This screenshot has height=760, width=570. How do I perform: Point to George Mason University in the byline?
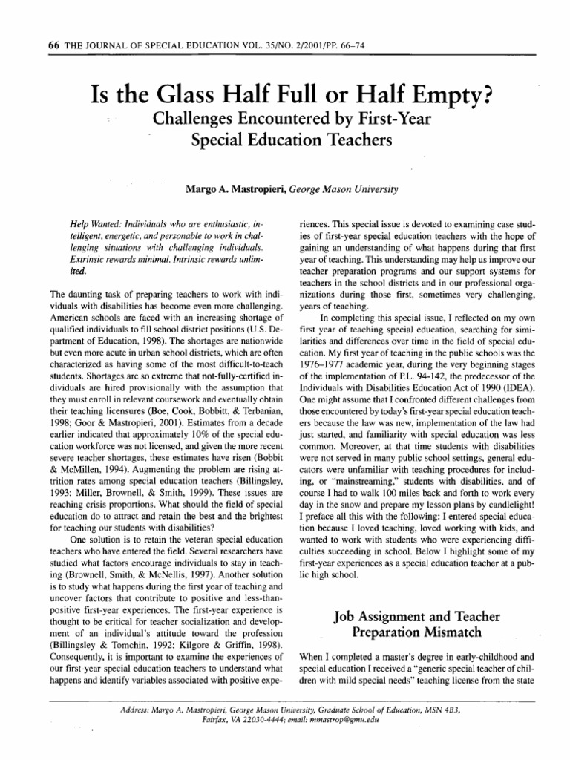pyautogui.click(x=345, y=189)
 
